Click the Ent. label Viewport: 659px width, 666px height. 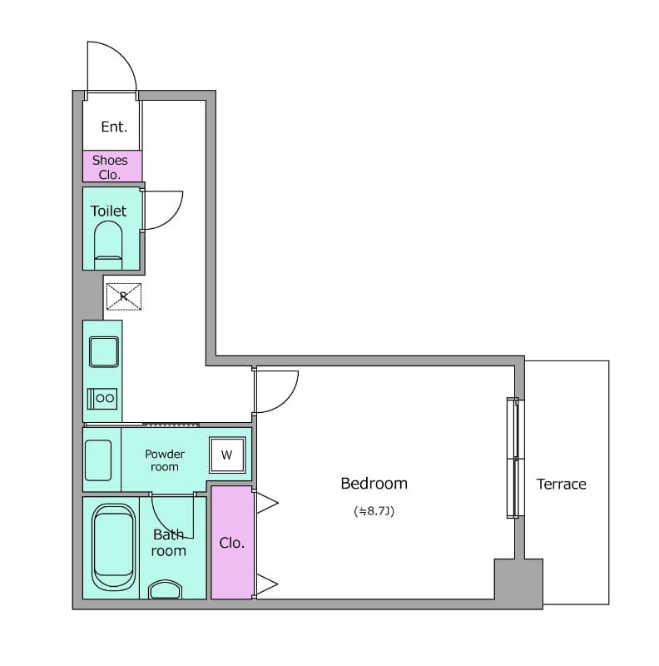coord(114,127)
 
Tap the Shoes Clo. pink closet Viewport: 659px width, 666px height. coord(111,166)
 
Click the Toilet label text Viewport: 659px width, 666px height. coord(108,211)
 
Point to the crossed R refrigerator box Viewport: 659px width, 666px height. coord(123,296)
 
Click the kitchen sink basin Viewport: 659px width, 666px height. coord(104,351)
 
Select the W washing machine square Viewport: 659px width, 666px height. coord(227,455)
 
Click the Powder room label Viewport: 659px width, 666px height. coord(165,460)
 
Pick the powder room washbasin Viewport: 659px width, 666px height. coord(98,460)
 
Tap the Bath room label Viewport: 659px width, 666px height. coord(169,543)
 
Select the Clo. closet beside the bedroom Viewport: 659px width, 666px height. coord(231,543)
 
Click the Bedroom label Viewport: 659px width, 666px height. coord(374,484)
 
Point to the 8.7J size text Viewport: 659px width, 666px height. coord(374,511)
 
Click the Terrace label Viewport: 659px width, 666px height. coord(561,485)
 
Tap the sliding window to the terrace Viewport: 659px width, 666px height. coord(515,458)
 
